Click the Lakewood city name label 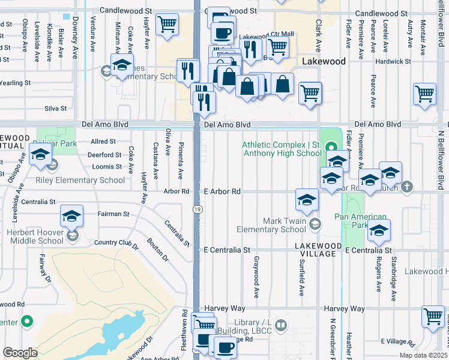click(x=324, y=62)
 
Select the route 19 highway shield click(x=197, y=209)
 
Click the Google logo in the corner click(x=20, y=353)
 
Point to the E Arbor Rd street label click(x=222, y=191)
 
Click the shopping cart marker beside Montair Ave click(x=424, y=94)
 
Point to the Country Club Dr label click(x=116, y=244)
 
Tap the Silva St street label click(x=55, y=109)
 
